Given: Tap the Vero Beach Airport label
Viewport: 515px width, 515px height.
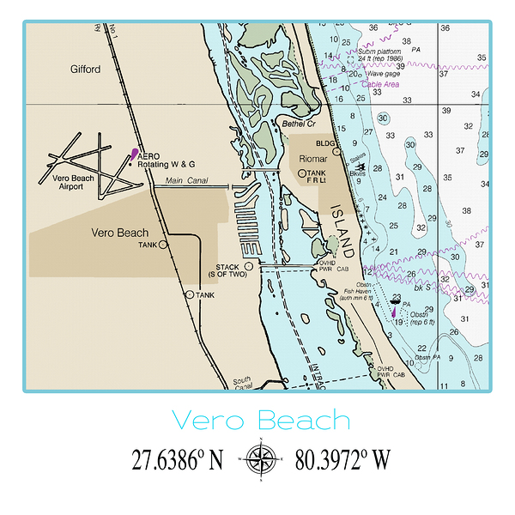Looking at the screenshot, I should click(73, 181).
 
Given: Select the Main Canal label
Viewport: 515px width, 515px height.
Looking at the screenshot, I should click(186, 180).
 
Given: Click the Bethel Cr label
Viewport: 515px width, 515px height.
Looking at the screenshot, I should click(276, 124).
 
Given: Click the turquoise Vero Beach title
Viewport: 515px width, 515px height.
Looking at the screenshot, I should click(261, 421).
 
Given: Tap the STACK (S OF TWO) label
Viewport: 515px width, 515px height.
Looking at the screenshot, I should click(227, 270).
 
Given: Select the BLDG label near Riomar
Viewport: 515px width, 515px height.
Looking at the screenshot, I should click(324, 143).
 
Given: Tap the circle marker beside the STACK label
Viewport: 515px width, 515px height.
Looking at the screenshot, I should click(249, 266).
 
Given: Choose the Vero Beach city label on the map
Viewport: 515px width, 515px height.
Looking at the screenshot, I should click(119, 233).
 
